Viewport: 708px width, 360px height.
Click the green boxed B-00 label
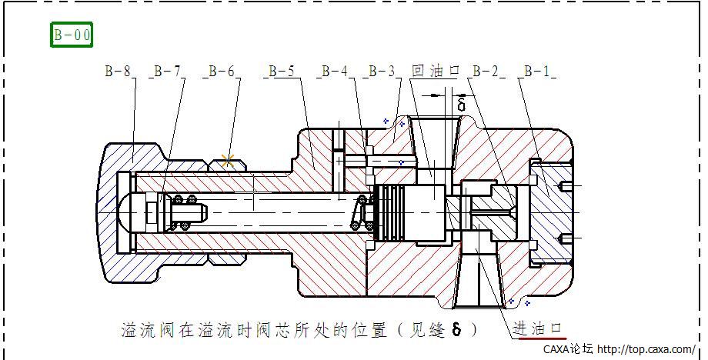pos(72,35)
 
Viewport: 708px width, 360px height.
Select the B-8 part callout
pos(118,72)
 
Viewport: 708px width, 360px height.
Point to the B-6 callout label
pos(220,72)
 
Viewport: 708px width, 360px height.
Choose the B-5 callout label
pos(280,72)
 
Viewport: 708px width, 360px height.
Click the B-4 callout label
pos(334,72)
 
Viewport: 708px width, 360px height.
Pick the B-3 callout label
pos(382,72)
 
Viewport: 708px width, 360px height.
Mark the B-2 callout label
pos(485,72)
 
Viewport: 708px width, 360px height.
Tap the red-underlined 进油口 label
pos(539,328)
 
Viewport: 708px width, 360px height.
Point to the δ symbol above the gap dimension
pos(461,103)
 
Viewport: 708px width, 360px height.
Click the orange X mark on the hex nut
pos(227,161)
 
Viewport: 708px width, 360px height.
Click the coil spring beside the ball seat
pos(187,212)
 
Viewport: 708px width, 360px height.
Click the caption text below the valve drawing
pos(300,330)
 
